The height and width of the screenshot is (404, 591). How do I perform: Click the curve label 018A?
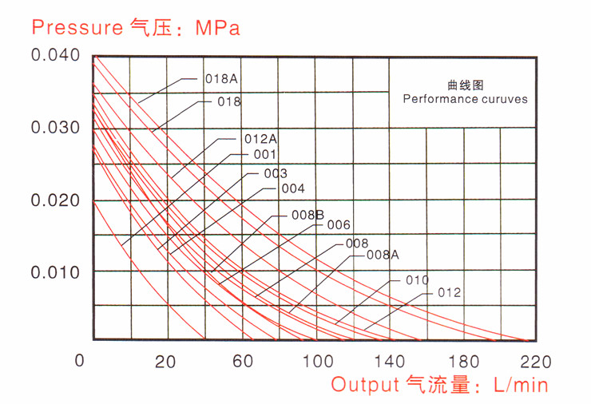223,79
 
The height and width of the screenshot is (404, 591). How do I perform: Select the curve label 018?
228,102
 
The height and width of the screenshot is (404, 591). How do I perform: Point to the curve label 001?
264,154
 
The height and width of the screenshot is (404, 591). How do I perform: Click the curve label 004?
293,189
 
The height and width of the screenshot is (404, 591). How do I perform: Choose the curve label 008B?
307,215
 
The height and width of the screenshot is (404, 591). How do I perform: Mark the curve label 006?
339,225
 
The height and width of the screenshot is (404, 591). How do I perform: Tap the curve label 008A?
383,255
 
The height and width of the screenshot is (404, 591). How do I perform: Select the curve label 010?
417,280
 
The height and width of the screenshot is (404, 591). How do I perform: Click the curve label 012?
450,293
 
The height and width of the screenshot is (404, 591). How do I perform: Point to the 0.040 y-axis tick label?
55,56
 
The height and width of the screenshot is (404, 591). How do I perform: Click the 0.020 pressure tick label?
55,200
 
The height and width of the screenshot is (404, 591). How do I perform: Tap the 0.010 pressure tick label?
55,272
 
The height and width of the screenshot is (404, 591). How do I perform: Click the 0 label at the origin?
78,360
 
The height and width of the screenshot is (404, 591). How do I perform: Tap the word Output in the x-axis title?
364,385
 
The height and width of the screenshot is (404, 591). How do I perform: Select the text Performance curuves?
465,100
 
